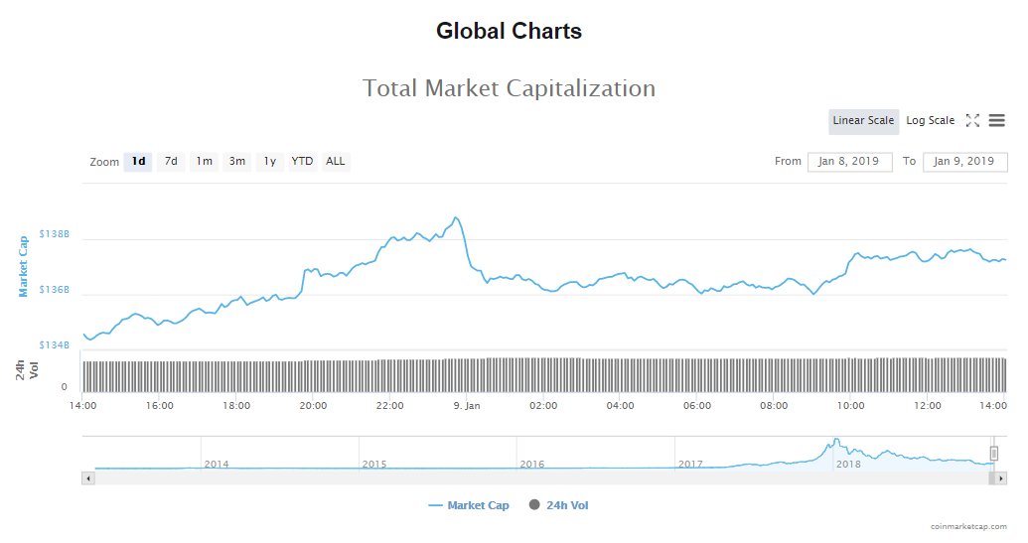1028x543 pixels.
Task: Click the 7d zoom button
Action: click(171, 162)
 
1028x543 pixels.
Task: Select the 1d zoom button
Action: click(138, 162)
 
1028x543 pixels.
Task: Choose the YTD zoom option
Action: click(302, 162)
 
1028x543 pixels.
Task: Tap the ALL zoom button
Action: click(336, 162)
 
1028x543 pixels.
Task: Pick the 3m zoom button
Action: click(237, 162)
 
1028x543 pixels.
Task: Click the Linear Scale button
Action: click(863, 121)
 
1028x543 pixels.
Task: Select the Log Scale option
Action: click(930, 121)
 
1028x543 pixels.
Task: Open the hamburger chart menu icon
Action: click(996, 121)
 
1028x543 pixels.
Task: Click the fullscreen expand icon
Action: click(972, 121)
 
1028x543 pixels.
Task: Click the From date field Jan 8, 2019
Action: click(849, 162)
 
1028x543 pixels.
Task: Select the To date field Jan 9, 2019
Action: click(964, 162)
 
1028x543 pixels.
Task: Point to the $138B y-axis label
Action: click(54, 235)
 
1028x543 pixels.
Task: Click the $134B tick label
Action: click(54, 345)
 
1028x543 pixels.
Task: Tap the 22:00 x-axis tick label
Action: click(390, 406)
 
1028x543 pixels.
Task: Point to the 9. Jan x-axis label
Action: click(466, 406)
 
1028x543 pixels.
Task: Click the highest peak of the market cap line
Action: click(455, 217)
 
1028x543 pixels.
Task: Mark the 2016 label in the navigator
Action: click(532, 464)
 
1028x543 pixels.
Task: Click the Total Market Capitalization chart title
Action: click(509, 88)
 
